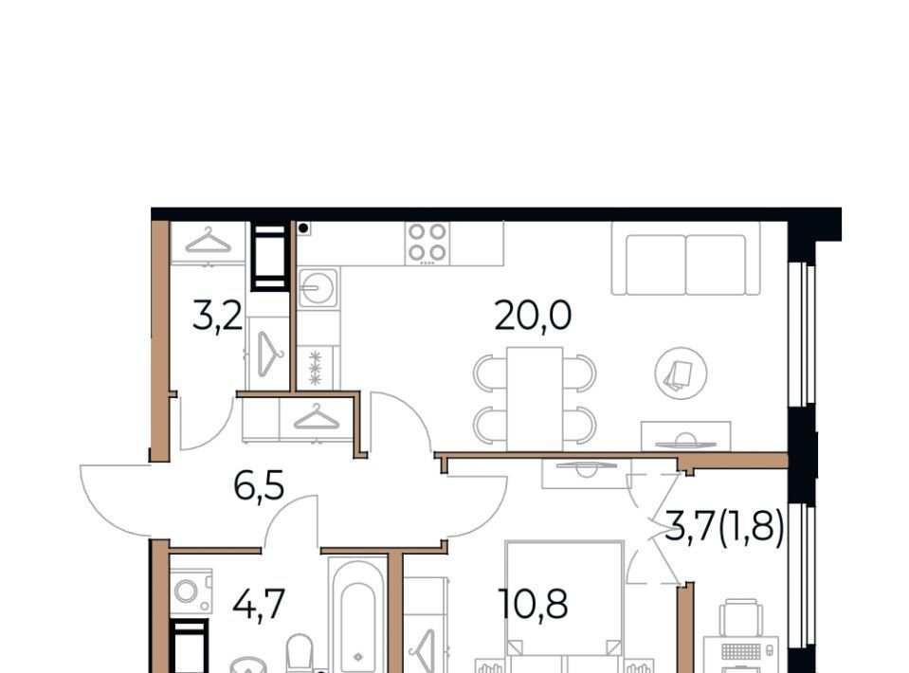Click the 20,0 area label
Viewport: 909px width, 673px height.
tap(533, 316)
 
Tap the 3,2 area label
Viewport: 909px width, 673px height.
tap(217, 318)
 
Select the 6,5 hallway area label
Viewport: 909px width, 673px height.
tap(259, 485)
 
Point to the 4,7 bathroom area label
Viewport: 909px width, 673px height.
tap(259, 604)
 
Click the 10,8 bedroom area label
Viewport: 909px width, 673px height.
tap(533, 604)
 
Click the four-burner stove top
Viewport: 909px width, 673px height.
tap(427, 243)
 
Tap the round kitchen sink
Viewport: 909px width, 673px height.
tap(317, 287)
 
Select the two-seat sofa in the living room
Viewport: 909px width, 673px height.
tap(686, 264)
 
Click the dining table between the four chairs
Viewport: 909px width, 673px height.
tap(535, 399)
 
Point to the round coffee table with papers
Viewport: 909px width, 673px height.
tap(681, 373)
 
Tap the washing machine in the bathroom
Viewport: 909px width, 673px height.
tap(191, 591)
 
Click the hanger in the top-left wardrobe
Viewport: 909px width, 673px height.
tap(209, 241)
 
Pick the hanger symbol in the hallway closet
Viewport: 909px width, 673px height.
tap(317, 417)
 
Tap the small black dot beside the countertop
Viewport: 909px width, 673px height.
tap(303, 228)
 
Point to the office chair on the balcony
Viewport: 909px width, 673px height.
tap(741, 618)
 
